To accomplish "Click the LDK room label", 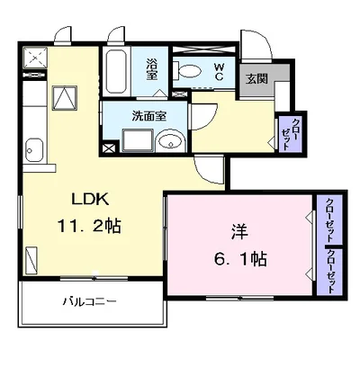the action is (x=90, y=199).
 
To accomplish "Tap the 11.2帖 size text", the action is (x=89, y=226).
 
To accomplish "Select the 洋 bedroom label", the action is (x=239, y=232).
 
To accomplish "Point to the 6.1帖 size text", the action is (x=240, y=258).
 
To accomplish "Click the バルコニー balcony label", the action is (x=89, y=301).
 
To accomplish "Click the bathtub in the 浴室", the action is (x=116, y=71).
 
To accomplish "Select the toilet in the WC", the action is (x=187, y=71).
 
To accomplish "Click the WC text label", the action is (x=219, y=71).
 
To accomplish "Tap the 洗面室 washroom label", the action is (x=149, y=116).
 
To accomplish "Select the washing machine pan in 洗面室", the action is (x=139, y=140).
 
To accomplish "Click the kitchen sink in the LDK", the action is (x=34, y=150).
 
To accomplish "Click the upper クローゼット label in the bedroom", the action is (x=330, y=219).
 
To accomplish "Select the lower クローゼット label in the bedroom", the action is (x=331, y=272).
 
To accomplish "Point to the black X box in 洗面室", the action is (x=109, y=148).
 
